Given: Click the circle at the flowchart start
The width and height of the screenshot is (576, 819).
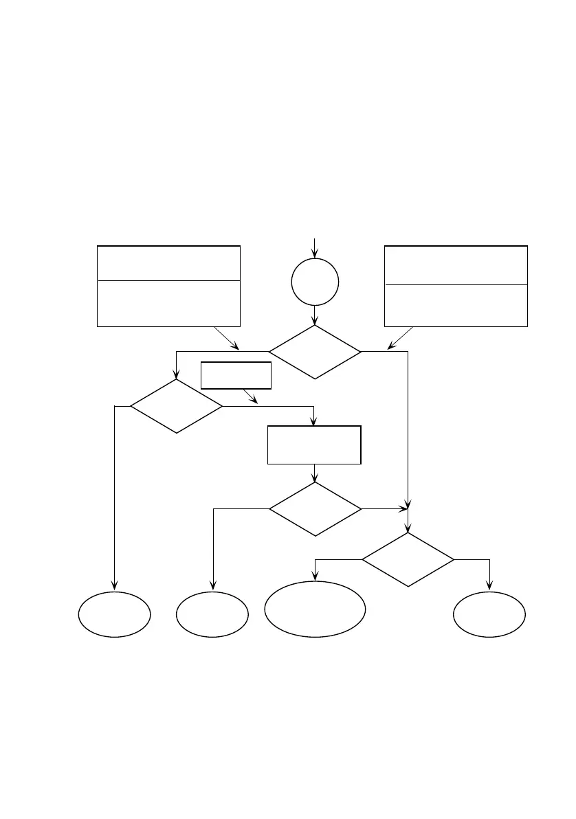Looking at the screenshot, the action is (x=315, y=282).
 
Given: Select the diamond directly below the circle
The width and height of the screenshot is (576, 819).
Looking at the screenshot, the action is (x=315, y=352).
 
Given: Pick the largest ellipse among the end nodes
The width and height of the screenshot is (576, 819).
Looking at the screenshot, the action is (x=315, y=609).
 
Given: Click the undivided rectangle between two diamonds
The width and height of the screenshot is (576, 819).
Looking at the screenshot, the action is (x=314, y=445).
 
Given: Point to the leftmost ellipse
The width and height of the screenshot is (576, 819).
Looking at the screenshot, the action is (x=114, y=614).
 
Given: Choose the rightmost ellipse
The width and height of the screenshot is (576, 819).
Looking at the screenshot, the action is (x=489, y=614).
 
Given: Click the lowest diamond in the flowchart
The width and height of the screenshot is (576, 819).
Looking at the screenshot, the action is (x=408, y=559).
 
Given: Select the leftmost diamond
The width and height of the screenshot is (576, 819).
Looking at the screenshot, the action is (x=177, y=406).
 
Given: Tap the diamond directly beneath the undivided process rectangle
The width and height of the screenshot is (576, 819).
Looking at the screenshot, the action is (x=315, y=509).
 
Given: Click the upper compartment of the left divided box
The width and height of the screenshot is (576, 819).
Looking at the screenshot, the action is (x=168, y=262).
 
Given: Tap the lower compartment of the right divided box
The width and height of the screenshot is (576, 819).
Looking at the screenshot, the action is (x=456, y=305).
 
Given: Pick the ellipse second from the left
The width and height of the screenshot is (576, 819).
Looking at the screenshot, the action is (x=212, y=614).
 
